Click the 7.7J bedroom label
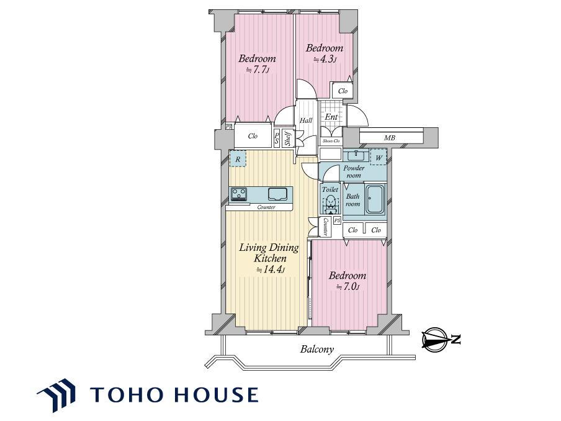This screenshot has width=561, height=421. (257, 63)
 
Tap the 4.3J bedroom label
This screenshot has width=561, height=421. (324, 53)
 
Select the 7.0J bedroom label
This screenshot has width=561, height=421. (348, 281)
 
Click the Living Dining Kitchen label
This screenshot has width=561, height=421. (269, 258)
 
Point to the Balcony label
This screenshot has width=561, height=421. (317, 349)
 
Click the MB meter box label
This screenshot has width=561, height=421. (390, 137)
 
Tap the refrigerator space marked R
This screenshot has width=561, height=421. (238, 158)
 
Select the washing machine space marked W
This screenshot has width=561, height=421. (379, 158)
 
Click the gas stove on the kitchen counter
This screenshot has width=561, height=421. (239, 194)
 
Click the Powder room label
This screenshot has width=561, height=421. (354, 172)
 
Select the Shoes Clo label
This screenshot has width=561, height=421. (331, 141)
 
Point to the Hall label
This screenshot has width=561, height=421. (306, 120)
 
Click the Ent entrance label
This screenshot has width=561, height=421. (331, 117)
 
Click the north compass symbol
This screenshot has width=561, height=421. (441, 338)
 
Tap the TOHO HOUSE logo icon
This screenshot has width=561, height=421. (56, 394)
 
